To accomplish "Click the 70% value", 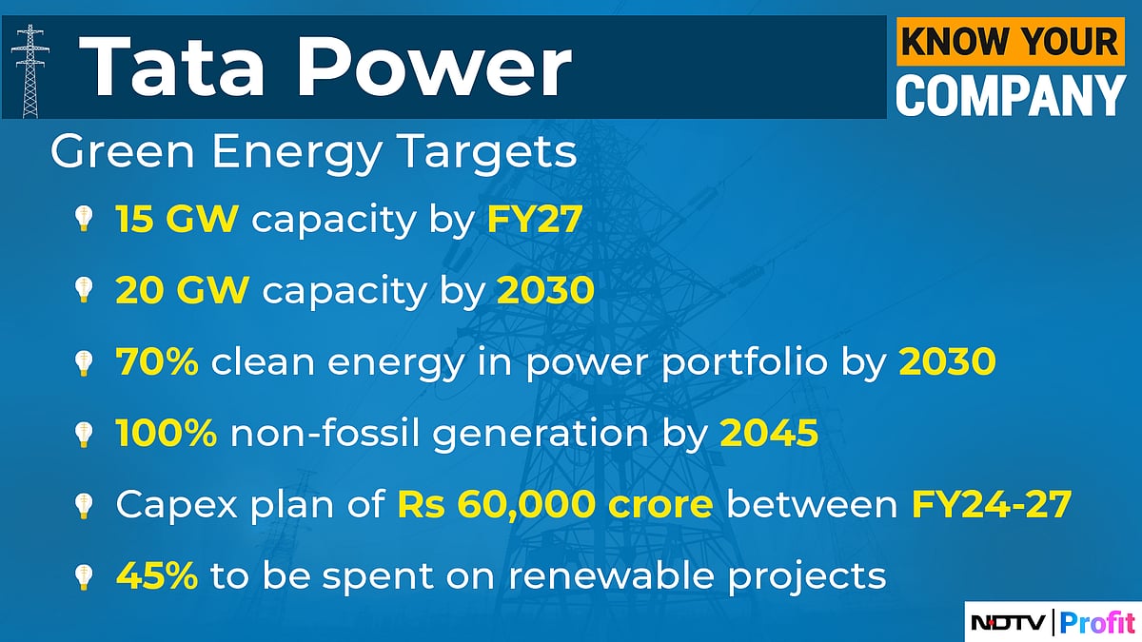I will (157, 362).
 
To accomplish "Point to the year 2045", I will (769, 434).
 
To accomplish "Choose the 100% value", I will (167, 434).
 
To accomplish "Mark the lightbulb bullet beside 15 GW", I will (84, 220).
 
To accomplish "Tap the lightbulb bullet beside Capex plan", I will (84, 505).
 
